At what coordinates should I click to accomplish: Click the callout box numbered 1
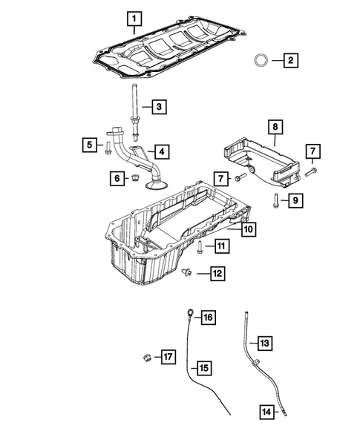134,19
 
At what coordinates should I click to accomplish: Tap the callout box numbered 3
160,107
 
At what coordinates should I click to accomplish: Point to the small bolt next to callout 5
108,148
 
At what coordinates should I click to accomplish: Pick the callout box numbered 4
162,152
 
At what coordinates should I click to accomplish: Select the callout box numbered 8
275,127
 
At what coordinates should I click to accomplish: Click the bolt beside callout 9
276,201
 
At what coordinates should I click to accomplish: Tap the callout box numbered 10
249,229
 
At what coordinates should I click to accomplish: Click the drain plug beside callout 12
186,272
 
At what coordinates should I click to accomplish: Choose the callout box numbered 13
265,343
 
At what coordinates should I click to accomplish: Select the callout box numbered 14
267,412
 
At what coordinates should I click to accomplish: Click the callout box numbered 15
204,368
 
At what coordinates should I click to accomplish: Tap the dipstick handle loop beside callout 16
191,312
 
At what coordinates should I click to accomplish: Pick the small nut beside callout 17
147,358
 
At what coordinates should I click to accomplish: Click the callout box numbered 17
168,357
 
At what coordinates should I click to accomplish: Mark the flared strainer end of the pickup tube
157,184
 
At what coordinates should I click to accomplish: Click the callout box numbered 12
217,274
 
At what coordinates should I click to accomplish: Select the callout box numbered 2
291,60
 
